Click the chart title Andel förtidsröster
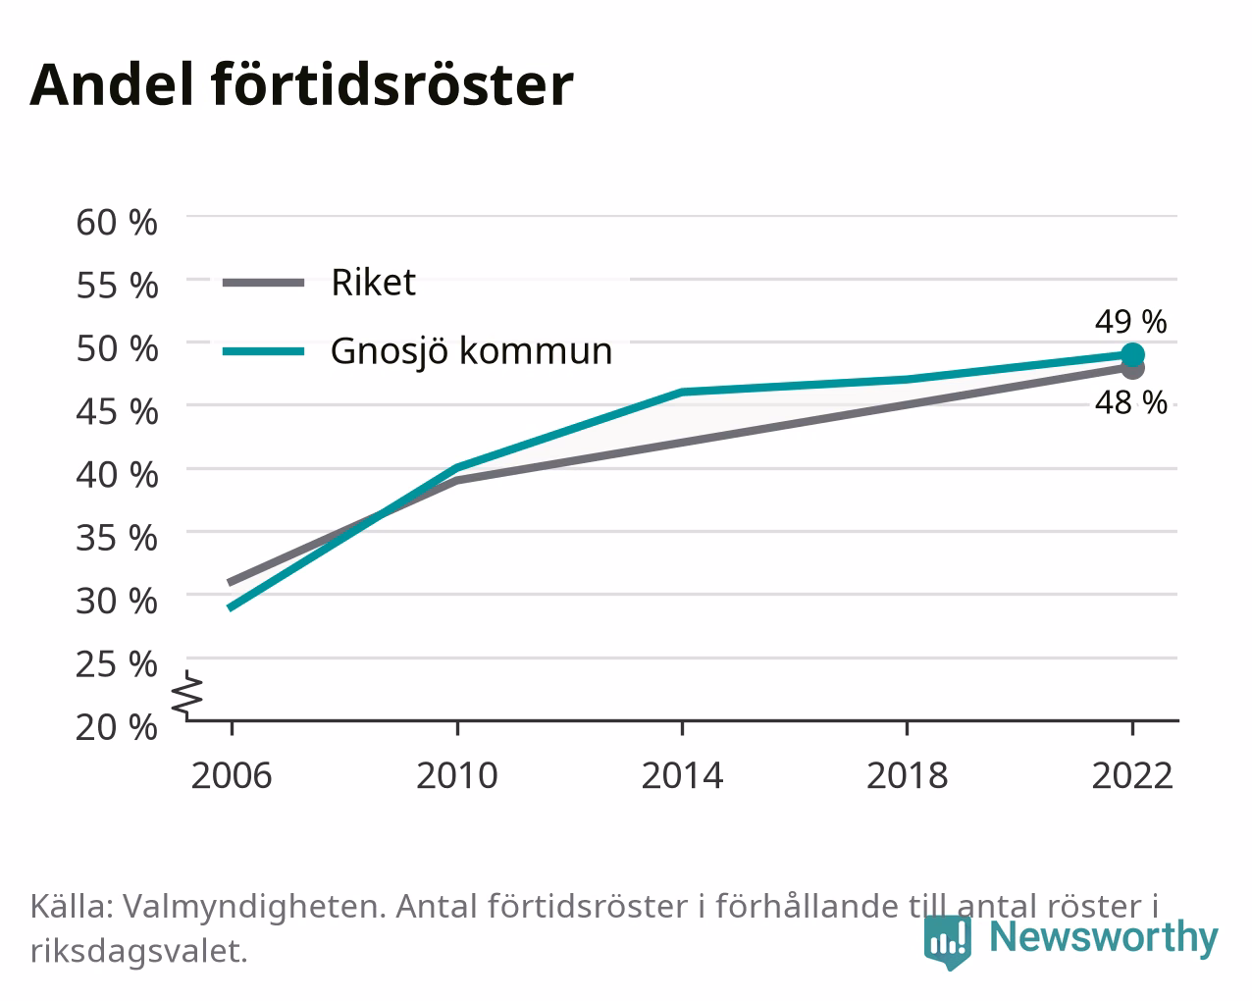click(301, 85)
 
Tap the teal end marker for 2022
click(1132, 354)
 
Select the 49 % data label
click(1130, 322)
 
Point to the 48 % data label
click(1130, 402)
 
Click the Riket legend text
click(373, 283)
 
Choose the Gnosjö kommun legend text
click(471, 351)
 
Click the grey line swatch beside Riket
click(264, 284)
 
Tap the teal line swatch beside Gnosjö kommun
click(264, 351)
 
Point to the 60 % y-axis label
click(117, 223)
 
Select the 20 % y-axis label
click(117, 727)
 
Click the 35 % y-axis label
click(117, 538)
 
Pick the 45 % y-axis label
click(117, 411)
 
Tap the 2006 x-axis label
click(232, 775)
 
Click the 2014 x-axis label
click(682, 775)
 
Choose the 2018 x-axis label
click(907, 775)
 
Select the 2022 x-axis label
click(1132, 775)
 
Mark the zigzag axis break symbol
click(187, 693)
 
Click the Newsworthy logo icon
click(947, 942)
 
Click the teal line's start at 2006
click(232, 607)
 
